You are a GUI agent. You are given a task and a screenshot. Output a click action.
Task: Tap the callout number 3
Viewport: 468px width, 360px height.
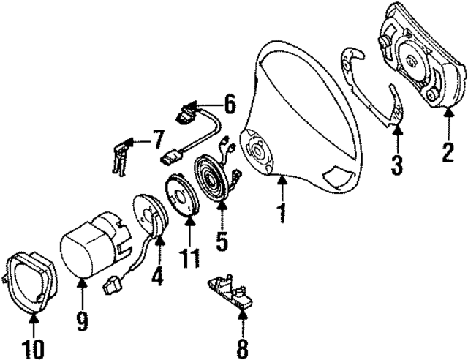[x=397, y=165]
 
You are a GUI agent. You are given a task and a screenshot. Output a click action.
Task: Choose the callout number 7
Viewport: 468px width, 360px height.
[x=158, y=138]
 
